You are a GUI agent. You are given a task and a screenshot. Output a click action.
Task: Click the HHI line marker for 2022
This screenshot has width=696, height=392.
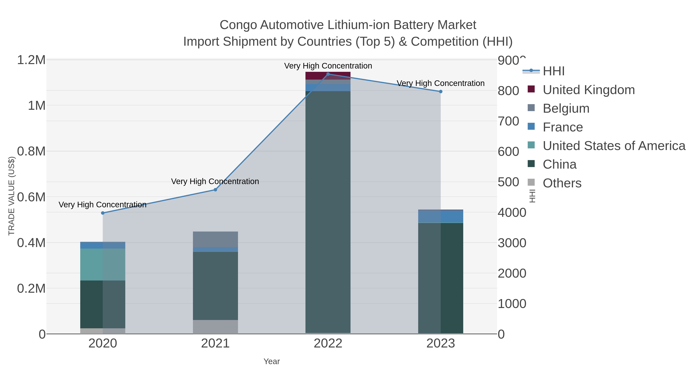[x=328, y=74]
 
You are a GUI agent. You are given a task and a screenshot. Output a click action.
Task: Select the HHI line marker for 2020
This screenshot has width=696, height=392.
[x=103, y=213]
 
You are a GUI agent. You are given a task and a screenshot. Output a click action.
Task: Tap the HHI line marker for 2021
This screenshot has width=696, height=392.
[x=215, y=190]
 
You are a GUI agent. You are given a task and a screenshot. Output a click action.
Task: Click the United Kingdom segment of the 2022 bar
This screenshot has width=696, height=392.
[x=328, y=76]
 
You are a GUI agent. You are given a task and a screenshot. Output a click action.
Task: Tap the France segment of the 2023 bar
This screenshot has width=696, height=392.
[x=441, y=216]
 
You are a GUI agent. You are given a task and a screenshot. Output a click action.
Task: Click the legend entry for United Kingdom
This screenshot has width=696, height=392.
[x=589, y=90]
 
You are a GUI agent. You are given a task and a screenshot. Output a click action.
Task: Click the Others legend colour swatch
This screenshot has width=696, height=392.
[x=531, y=183]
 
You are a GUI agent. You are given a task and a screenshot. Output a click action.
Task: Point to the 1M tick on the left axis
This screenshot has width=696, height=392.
[x=37, y=106]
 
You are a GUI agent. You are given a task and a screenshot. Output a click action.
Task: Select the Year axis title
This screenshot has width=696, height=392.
[x=272, y=361]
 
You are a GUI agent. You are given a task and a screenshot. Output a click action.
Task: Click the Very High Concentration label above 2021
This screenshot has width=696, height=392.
[x=215, y=181]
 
